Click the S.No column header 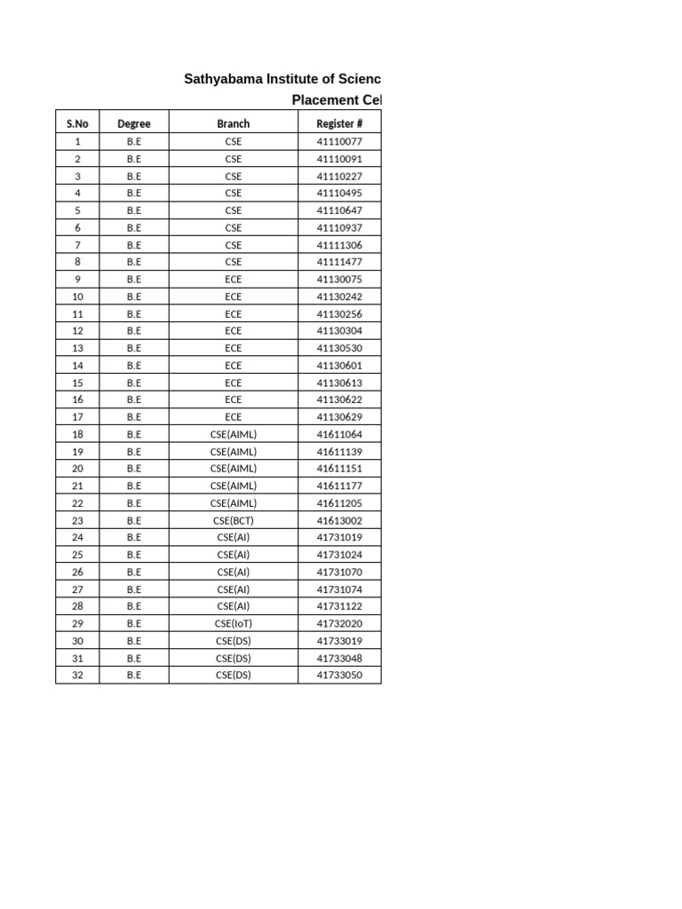click(77, 123)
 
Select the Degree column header click(134, 123)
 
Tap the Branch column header click(234, 123)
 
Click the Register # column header click(339, 123)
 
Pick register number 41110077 click(339, 141)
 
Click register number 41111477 click(339, 262)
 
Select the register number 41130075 click(339, 279)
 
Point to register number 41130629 click(339, 417)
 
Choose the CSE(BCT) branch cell click(234, 520)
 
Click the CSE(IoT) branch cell click(234, 623)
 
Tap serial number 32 click(77, 675)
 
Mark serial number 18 click(77, 434)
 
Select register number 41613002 click(339, 520)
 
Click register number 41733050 click(339, 675)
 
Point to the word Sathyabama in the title click(219, 79)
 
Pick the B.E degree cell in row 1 click(134, 141)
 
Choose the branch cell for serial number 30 click(234, 641)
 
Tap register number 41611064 click(339, 434)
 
